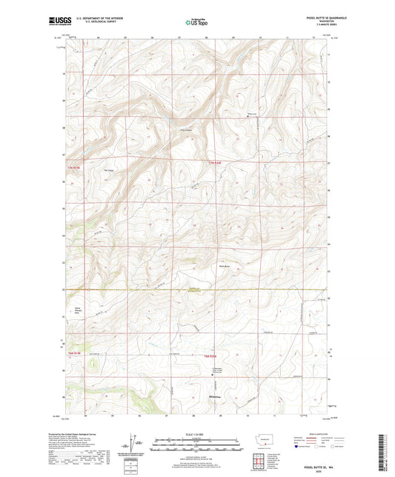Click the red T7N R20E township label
coord(215,163)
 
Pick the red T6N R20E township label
coord(213,358)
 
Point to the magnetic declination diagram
coord(136,444)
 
